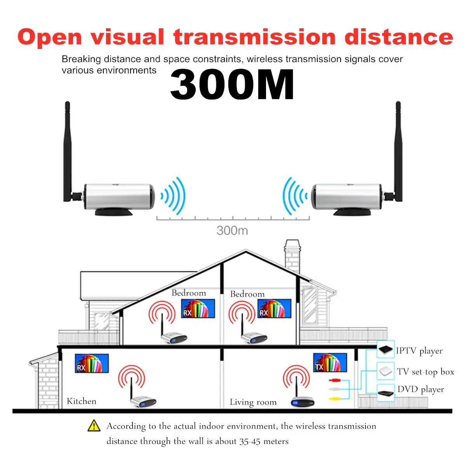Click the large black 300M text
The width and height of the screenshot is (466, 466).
[232, 84]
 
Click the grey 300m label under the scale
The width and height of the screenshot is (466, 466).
[232, 230]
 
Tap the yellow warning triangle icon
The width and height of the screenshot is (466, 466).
[94, 426]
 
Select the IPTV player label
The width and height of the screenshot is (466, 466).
[419, 351]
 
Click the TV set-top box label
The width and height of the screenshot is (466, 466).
[425, 372]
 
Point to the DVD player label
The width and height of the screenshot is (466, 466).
[421, 389]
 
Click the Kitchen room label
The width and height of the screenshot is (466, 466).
[82, 401]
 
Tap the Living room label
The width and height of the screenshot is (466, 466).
[253, 402]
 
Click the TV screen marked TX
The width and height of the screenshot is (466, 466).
[330, 362]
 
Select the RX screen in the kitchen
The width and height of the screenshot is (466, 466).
[92, 363]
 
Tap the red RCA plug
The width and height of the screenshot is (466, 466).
[334, 381]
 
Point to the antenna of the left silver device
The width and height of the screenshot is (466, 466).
[68, 151]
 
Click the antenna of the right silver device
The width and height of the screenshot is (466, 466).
[398, 151]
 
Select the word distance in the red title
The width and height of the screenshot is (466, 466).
[399, 37]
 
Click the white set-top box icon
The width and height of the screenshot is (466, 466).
[386, 371]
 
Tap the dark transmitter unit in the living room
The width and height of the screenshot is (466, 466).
[303, 402]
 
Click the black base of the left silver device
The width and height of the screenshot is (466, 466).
[114, 212]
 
